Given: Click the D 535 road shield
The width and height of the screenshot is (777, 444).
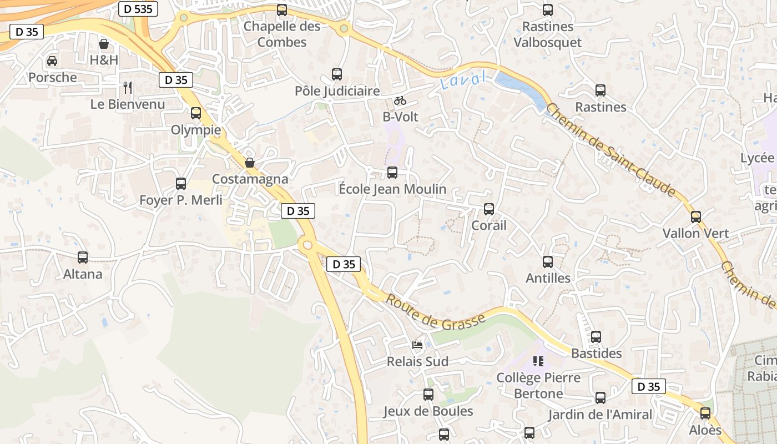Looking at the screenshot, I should tap(138, 8).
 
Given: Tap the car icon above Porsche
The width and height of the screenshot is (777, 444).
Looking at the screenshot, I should tap(52, 60).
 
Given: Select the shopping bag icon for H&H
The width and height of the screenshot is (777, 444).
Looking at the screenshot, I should tap(104, 43).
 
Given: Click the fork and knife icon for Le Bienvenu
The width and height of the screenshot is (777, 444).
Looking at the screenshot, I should tap(128, 87).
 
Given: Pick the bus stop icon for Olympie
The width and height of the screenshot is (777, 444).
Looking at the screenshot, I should tap(196, 113).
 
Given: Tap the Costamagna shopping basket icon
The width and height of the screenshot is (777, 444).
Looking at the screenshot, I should tap(250, 162).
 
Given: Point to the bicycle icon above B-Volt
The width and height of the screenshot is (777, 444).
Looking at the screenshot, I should tap(400, 100).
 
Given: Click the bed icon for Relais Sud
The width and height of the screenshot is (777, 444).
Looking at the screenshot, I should tap(417, 345).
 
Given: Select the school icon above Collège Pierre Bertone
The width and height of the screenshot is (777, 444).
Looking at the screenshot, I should tap(538, 361).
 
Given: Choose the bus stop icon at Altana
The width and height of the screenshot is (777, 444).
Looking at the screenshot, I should tap(83, 258).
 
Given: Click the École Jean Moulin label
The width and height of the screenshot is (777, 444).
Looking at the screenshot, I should tap(392, 189).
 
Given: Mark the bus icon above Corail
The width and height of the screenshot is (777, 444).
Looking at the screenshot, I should tap(489, 209).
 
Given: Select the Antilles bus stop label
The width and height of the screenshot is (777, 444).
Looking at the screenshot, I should tap(548, 278).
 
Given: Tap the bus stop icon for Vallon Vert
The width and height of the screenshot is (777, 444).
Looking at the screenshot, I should tap(696, 217).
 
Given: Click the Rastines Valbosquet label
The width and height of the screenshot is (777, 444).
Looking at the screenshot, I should tap(547, 34).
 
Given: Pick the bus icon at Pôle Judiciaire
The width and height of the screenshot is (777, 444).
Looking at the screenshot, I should tap(337, 74).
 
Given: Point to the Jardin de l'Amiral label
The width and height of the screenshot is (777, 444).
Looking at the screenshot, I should tap(600, 415).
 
